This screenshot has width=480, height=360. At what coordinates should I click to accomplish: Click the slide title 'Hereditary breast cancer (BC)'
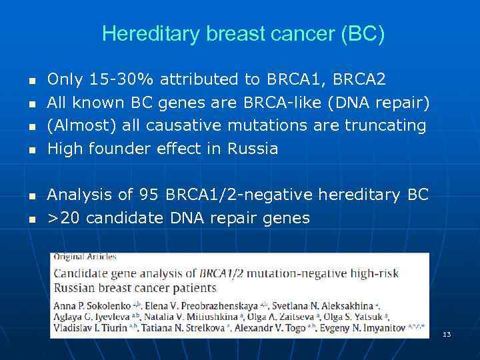(x=243, y=34)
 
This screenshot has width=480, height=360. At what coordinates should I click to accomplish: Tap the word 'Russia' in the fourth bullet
(x=253, y=148)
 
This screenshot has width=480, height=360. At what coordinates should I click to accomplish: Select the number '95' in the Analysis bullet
(x=149, y=195)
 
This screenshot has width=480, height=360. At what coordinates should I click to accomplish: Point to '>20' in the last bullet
(x=64, y=217)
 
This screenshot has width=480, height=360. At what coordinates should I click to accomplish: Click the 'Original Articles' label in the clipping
(x=85, y=257)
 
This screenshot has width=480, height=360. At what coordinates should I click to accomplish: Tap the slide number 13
(x=447, y=334)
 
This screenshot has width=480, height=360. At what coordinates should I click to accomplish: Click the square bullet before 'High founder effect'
(x=31, y=150)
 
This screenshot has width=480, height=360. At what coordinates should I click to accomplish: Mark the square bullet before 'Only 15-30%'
(x=31, y=81)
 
